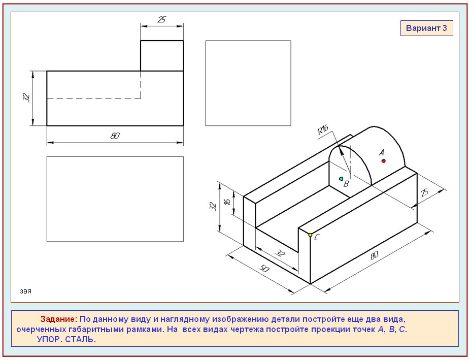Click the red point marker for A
point(383,161)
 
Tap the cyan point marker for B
point(341,179)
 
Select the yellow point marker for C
point(310,235)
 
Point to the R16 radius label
point(323,130)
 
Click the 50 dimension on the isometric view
point(263,268)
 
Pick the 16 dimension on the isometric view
point(227,202)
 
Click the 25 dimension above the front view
point(161,20)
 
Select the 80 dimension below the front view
point(115,136)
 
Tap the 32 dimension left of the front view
point(26,97)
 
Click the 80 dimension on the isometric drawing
point(375,255)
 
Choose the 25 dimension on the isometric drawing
point(424,193)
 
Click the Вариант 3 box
point(426,28)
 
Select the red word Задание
point(59,319)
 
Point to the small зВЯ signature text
point(26,291)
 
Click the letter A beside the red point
point(382,153)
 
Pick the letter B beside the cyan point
point(346,184)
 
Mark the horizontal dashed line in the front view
point(94,99)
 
